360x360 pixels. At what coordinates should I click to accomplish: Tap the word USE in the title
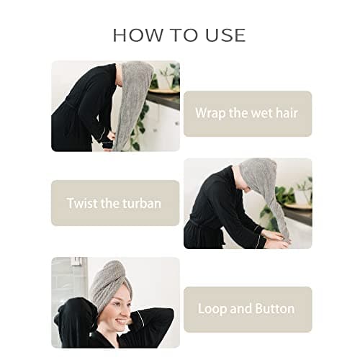(x=224, y=35)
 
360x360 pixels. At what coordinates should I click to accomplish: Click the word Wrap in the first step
(x=210, y=113)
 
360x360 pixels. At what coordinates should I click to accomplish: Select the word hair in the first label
(x=285, y=113)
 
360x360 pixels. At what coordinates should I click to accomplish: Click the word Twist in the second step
(x=82, y=203)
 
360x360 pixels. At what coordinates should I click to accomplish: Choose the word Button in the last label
(x=273, y=309)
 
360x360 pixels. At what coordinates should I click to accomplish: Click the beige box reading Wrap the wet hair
(x=247, y=113)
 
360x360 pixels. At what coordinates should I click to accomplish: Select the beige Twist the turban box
(x=115, y=203)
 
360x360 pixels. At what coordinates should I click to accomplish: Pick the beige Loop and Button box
(x=247, y=309)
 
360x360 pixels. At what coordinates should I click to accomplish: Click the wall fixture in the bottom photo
(x=76, y=270)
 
